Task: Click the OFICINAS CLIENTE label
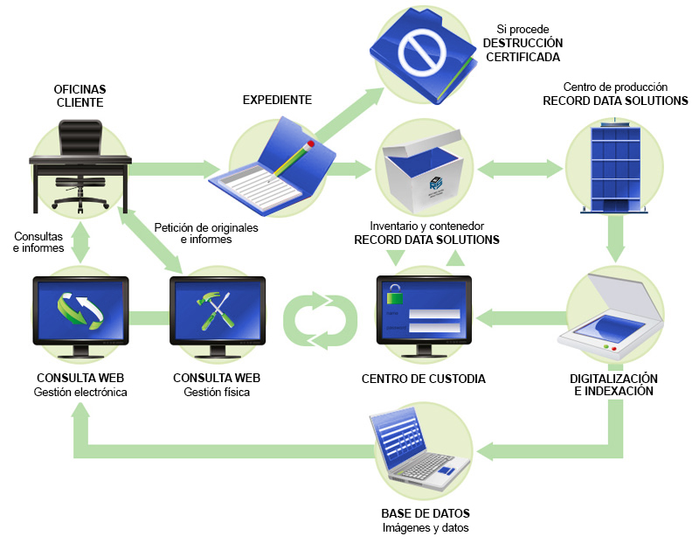(x=80, y=96)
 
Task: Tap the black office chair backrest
(x=80, y=137)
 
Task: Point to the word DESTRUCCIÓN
(x=523, y=43)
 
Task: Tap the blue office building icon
(x=615, y=166)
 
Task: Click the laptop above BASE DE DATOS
(x=419, y=448)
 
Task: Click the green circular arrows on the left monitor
(x=80, y=310)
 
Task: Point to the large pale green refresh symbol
(x=320, y=320)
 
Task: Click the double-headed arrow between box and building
(x=519, y=169)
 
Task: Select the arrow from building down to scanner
(x=616, y=239)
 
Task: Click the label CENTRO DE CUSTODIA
(x=424, y=379)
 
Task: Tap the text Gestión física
(x=217, y=393)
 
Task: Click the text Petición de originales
(x=206, y=227)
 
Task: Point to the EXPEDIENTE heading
(x=277, y=100)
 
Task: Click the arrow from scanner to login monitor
(x=521, y=318)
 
